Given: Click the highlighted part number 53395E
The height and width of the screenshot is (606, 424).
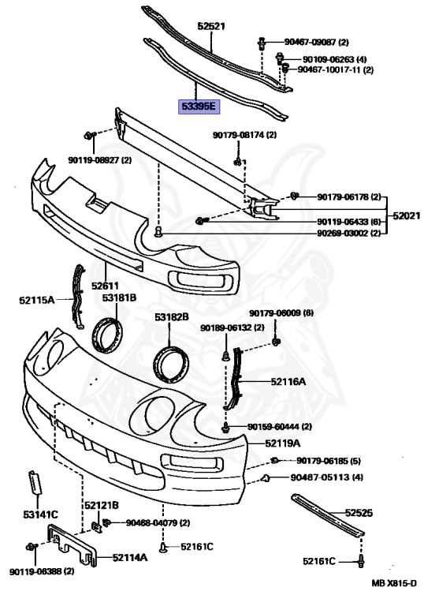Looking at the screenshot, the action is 199,106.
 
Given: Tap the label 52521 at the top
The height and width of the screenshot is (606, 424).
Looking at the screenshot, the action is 211,26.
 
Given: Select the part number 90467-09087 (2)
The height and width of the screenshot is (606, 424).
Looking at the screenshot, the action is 317,42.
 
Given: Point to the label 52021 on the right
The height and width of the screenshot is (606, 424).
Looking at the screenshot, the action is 407,215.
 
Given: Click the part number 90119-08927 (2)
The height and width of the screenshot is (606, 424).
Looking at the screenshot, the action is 100,160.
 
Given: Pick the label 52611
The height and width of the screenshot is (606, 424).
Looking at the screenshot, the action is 105,286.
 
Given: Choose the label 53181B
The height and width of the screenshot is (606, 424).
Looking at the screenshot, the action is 119,298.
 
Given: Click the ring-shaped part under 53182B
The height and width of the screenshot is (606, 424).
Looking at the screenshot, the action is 172,365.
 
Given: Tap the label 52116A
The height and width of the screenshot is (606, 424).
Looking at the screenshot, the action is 288,382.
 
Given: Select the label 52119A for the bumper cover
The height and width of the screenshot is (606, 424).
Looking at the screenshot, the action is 283,443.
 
